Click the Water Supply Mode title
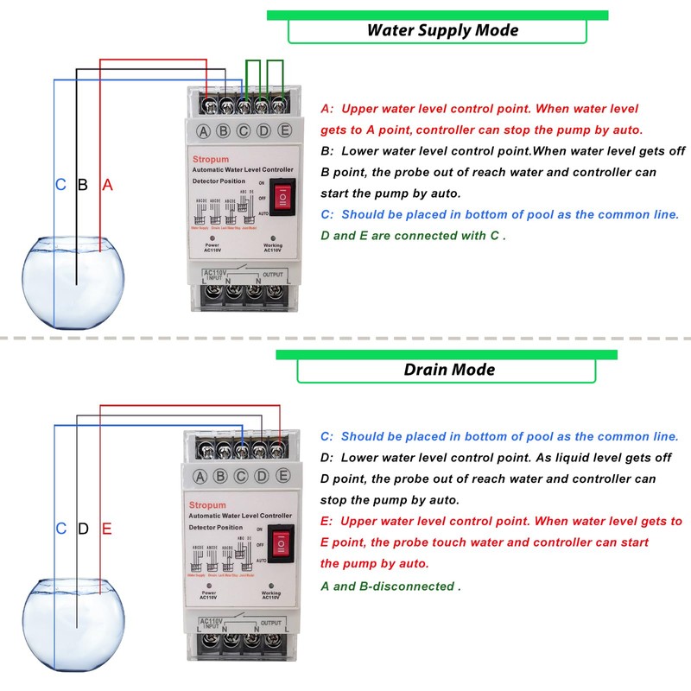click(442, 30)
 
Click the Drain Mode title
click(449, 370)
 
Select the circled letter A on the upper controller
click(204, 131)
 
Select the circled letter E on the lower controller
click(282, 474)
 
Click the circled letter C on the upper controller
click(244, 131)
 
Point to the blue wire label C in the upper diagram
click(60, 185)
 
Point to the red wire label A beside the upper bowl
click(108, 185)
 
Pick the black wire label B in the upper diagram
click(83, 185)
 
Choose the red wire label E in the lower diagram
click(107, 528)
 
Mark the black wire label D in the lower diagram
click(83, 528)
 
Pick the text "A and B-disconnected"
click(390, 586)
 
